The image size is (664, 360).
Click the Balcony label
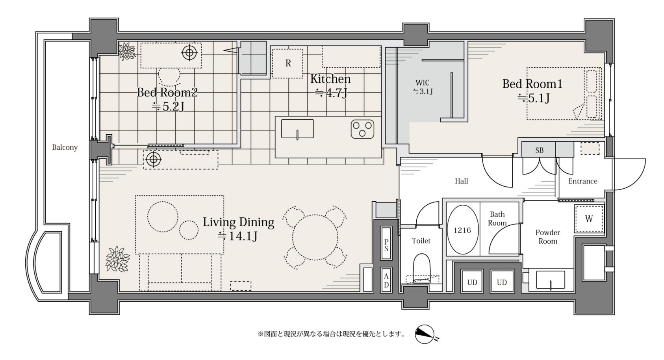pyautogui.click(x=65, y=147)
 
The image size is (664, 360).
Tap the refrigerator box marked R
pyautogui.click(x=287, y=63)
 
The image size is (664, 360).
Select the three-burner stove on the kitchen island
pyautogui.click(x=362, y=129)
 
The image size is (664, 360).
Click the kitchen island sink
pyautogui.click(x=297, y=129)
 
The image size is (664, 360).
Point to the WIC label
pyautogui.click(x=423, y=83)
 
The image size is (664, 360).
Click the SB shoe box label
pyautogui.click(x=539, y=150)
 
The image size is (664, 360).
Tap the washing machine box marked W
pyautogui.click(x=589, y=219)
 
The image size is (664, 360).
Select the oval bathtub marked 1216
pyautogui.click(x=462, y=230)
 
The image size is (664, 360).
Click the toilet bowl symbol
pyautogui.click(x=421, y=268)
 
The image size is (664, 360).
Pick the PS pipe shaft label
pyautogui.click(x=386, y=245)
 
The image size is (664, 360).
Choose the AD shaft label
pyautogui.click(x=386, y=280)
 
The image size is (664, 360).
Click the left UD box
pyautogui.click(x=472, y=282)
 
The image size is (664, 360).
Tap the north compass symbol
pyautogui.click(x=425, y=334)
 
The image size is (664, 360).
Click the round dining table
pyautogui.click(x=315, y=238)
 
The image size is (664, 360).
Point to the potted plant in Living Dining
pyautogui.click(x=118, y=259)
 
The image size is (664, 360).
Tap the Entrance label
pyautogui.click(x=582, y=181)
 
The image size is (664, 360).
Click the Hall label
pyautogui.click(x=461, y=181)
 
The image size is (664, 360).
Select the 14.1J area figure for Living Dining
pyautogui.click(x=238, y=236)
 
